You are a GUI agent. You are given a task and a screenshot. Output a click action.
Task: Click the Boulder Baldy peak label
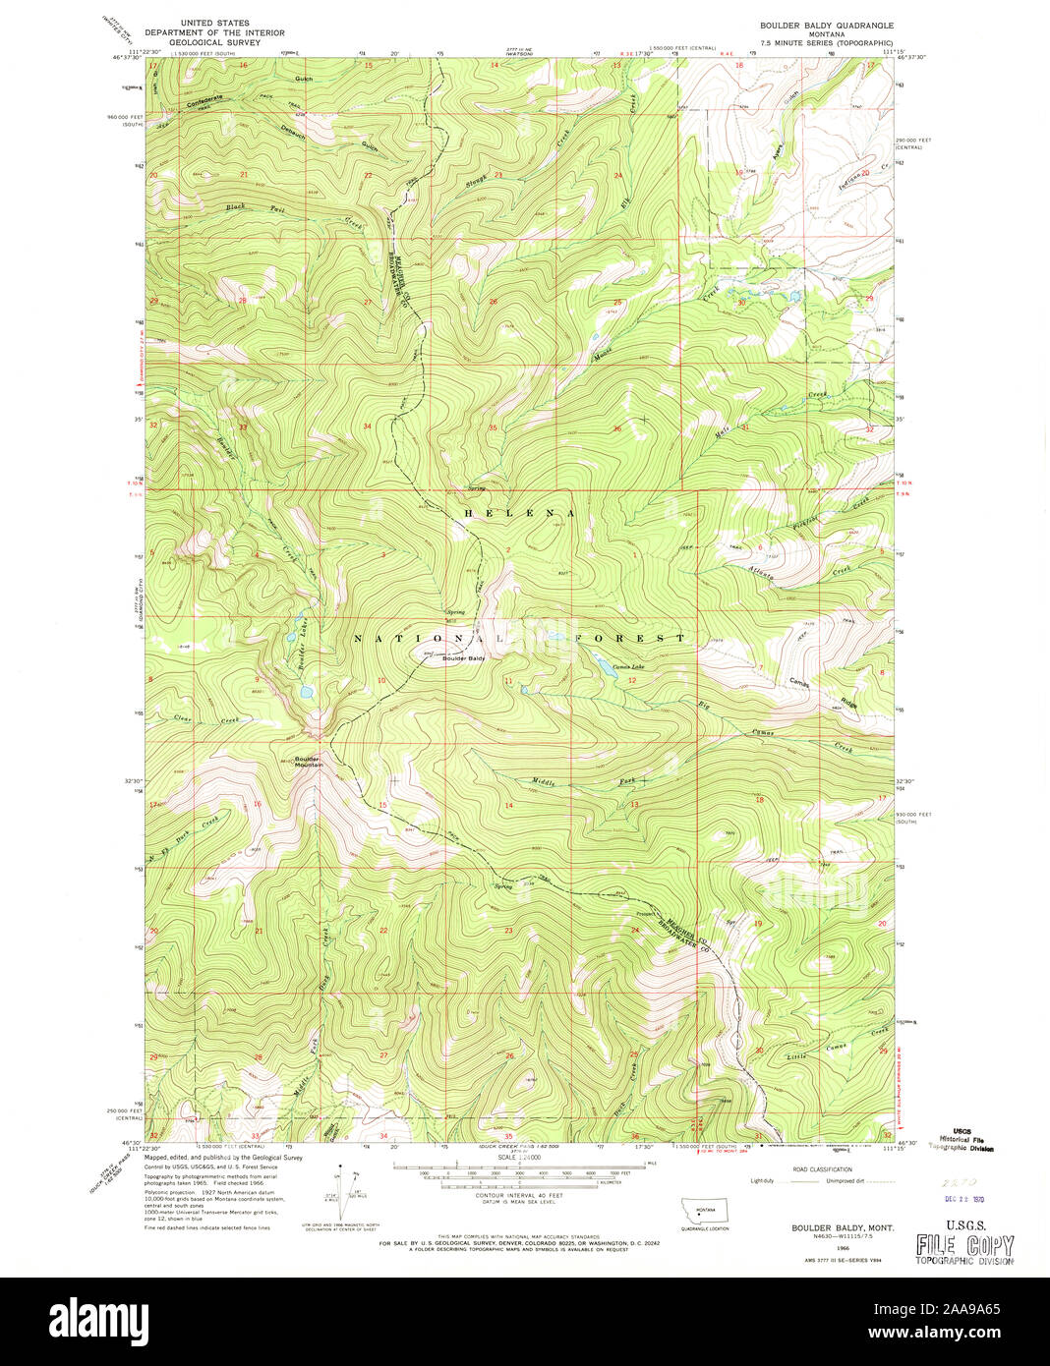tap(463, 658)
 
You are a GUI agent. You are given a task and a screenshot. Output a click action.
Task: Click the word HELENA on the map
tap(513, 514)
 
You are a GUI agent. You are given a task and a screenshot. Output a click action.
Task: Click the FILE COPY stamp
tap(963, 1246)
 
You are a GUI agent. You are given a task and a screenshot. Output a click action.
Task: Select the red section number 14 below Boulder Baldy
tap(508, 806)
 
